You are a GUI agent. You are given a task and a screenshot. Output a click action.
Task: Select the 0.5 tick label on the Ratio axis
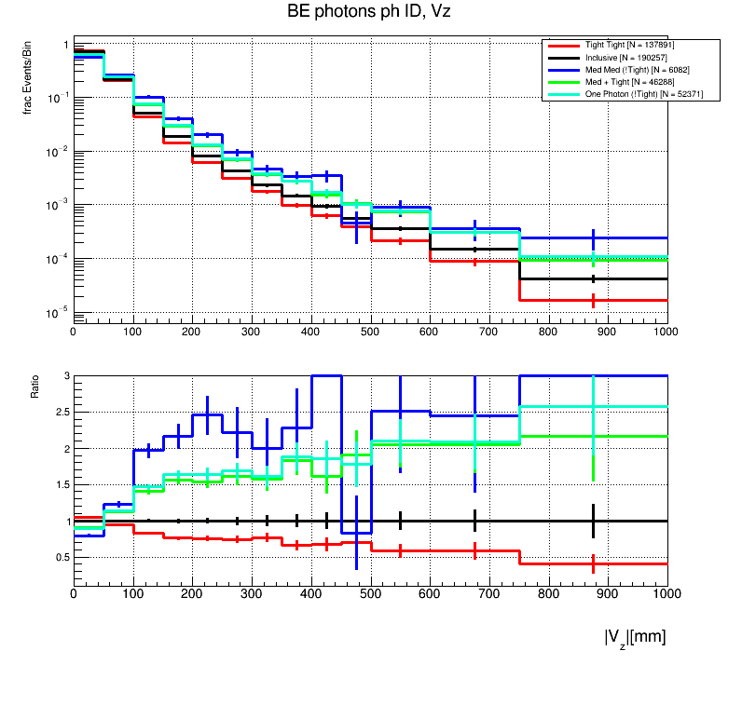[x=61, y=558]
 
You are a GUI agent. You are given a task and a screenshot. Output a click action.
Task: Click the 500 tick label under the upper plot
[x=370, y=331]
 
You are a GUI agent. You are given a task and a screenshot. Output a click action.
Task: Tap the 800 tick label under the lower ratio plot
[x=548, y=591]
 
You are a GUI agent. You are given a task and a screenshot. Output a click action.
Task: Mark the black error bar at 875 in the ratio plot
[x=593, y=521]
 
